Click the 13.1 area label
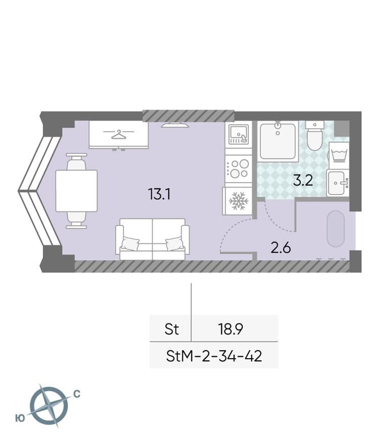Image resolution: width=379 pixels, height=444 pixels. pos(159,195)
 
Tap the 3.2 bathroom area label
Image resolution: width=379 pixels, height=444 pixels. pos(303,180)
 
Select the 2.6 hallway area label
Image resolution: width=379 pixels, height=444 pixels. pos(281,248)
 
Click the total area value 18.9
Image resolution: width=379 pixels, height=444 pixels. pos(230,329)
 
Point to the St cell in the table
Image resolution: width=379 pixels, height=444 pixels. pos(172,329)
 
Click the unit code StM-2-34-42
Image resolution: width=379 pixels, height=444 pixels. pos(214,356)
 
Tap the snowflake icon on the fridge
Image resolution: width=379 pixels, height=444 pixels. pos(239,201)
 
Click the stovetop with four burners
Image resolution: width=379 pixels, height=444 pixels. pos(239,169)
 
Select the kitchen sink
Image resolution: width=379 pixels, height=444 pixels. pos(239,135)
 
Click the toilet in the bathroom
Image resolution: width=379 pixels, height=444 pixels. pos(315,136)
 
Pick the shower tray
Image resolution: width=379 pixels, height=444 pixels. pos(278,141)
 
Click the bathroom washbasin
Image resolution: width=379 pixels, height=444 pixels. pos(338,183)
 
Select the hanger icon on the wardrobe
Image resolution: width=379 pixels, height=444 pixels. pos(119,134)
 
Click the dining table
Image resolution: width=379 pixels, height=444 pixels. pos(77,191)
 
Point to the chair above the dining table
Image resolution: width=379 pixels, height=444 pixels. pos(76,161)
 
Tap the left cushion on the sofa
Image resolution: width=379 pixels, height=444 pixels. pos(130,243)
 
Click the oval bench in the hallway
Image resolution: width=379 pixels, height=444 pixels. pos(336,229)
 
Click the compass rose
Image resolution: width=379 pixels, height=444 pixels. pos(49,406)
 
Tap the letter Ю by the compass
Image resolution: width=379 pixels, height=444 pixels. pos(20,418)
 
